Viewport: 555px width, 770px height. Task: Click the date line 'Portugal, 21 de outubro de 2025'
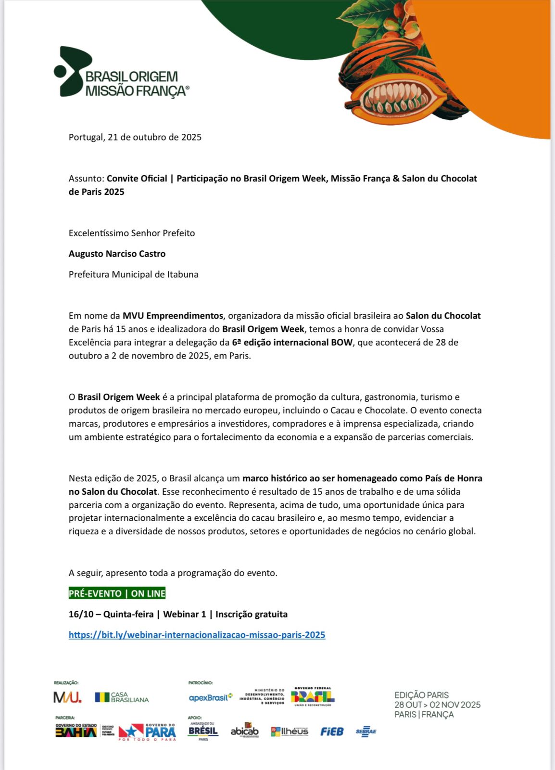[135, 137]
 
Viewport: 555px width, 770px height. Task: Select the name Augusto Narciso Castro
[117, 254]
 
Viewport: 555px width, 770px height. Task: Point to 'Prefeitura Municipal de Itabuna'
[133, 274]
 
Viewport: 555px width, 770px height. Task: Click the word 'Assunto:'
[86, 179]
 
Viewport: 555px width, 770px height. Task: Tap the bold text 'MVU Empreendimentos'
[173, 316]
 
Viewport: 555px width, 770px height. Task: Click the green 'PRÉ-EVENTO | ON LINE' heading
[117, 593]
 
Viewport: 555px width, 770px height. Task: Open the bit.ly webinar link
[197, 635]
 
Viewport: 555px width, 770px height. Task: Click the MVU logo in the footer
[67, 697]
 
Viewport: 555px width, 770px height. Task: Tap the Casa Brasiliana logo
[122, 697]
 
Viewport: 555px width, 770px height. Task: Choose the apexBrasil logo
[210, 697]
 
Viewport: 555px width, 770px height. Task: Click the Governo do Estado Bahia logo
[76, 731]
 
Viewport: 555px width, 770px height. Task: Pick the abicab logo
[244, 731]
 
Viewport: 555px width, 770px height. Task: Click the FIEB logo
[332, 731]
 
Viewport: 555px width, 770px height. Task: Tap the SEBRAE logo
[366, 731]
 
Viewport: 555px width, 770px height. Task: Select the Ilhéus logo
[290, 731]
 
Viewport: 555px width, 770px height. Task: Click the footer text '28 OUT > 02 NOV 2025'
[437, 705]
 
